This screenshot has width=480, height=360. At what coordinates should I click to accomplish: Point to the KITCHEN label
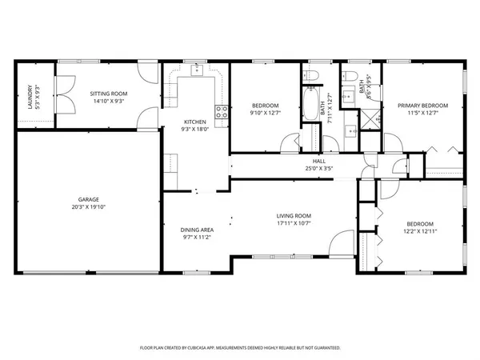pyautogui.click(x=195, y=122)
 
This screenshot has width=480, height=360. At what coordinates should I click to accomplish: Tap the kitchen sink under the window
pyautogui.click(x=195, y=72)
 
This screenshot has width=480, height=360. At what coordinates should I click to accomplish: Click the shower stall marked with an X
pyautogui.click(x=370, y=121)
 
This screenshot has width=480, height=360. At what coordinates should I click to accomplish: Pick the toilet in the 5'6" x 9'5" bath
pyautogui.click(x=349, y=78)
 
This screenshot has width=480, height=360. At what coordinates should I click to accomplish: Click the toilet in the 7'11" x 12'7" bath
pyautogui.click(x=313, y=78)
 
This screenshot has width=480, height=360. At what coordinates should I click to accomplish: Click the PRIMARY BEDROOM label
pyautogui.click(x=423, y=106)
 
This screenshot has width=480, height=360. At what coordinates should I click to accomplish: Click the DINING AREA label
pyautogui.click(x=195, y=230)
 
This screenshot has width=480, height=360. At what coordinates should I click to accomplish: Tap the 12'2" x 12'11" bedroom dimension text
pyautogui.click(x=421, y=231)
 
